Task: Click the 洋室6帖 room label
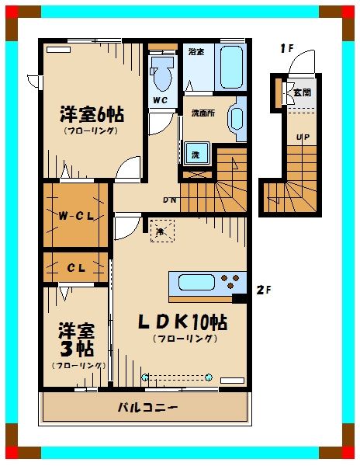[92, 115]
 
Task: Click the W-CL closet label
[76, 215]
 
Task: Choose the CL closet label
[75, 268]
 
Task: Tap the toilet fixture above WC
[163, 76]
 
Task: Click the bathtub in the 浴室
[231, 68]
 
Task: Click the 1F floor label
[287, 48]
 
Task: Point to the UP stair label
[303, 138]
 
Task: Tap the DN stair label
[169, 199]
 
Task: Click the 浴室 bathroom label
[196, 52]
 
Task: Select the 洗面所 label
[204, 113]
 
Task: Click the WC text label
[161, 101]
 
